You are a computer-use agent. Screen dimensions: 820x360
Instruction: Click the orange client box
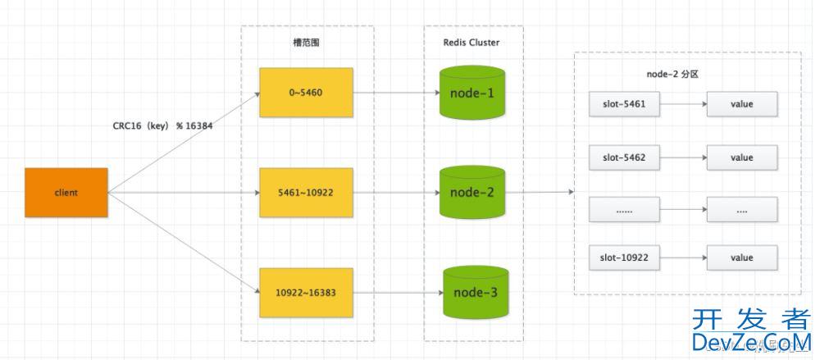pyautogui.click(x=66, y=193)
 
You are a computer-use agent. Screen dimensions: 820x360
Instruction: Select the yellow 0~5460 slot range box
pyautogui.click(x=306, y=93)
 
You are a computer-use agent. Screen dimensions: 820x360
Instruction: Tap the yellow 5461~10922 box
pyautogui.click(x=306, y=193)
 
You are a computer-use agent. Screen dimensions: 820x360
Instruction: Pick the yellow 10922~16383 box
pyautogui.click(x=306, y=293)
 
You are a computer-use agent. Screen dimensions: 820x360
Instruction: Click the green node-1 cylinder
pyautogui.click(x=472, y=92)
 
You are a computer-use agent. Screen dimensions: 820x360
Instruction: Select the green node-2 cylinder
pyautogui.click(x=472, y=192)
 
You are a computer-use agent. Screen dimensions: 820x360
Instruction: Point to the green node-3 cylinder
pyautogui.click(x=476, y=293)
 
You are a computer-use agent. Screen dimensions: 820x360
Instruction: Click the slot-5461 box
pyautogui.click(x=624, y=104)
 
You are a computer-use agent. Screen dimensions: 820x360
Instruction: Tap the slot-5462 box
pyautogui.click(x=624, y=157)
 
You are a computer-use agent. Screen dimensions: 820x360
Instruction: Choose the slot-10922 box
pyautogui.click(x=624, y=258)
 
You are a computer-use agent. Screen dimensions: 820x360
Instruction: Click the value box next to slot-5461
pyautogui.click(x=742, y=104)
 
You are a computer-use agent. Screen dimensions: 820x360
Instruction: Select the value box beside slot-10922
pyautogui.click(x=742, y=258)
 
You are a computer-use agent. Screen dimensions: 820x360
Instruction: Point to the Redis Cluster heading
pyautogui.click(x=471, y=43)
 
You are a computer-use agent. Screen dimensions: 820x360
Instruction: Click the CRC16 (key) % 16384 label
pyautogui.click(x=162, y=126)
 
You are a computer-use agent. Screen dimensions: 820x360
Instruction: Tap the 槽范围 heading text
pyautogui.click(x=307, y=43)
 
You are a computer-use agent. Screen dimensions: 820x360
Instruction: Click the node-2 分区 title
pyautogui.click(x=673, y=75)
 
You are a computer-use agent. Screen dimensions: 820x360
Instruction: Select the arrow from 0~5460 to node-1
pyautogui.click(x=396, y=93)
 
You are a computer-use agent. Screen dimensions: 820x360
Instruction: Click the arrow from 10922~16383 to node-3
pyautogui.click(x=398, y=293)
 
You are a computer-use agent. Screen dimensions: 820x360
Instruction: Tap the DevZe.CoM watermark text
pyautogui.click(x=752, y=342)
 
